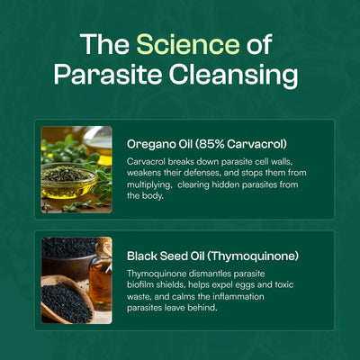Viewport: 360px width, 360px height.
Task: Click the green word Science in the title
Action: pos(188,44)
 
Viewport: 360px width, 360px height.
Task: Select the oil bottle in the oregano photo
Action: pos(101,148)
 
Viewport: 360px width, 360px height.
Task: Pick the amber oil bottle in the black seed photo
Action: pos(101,279)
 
